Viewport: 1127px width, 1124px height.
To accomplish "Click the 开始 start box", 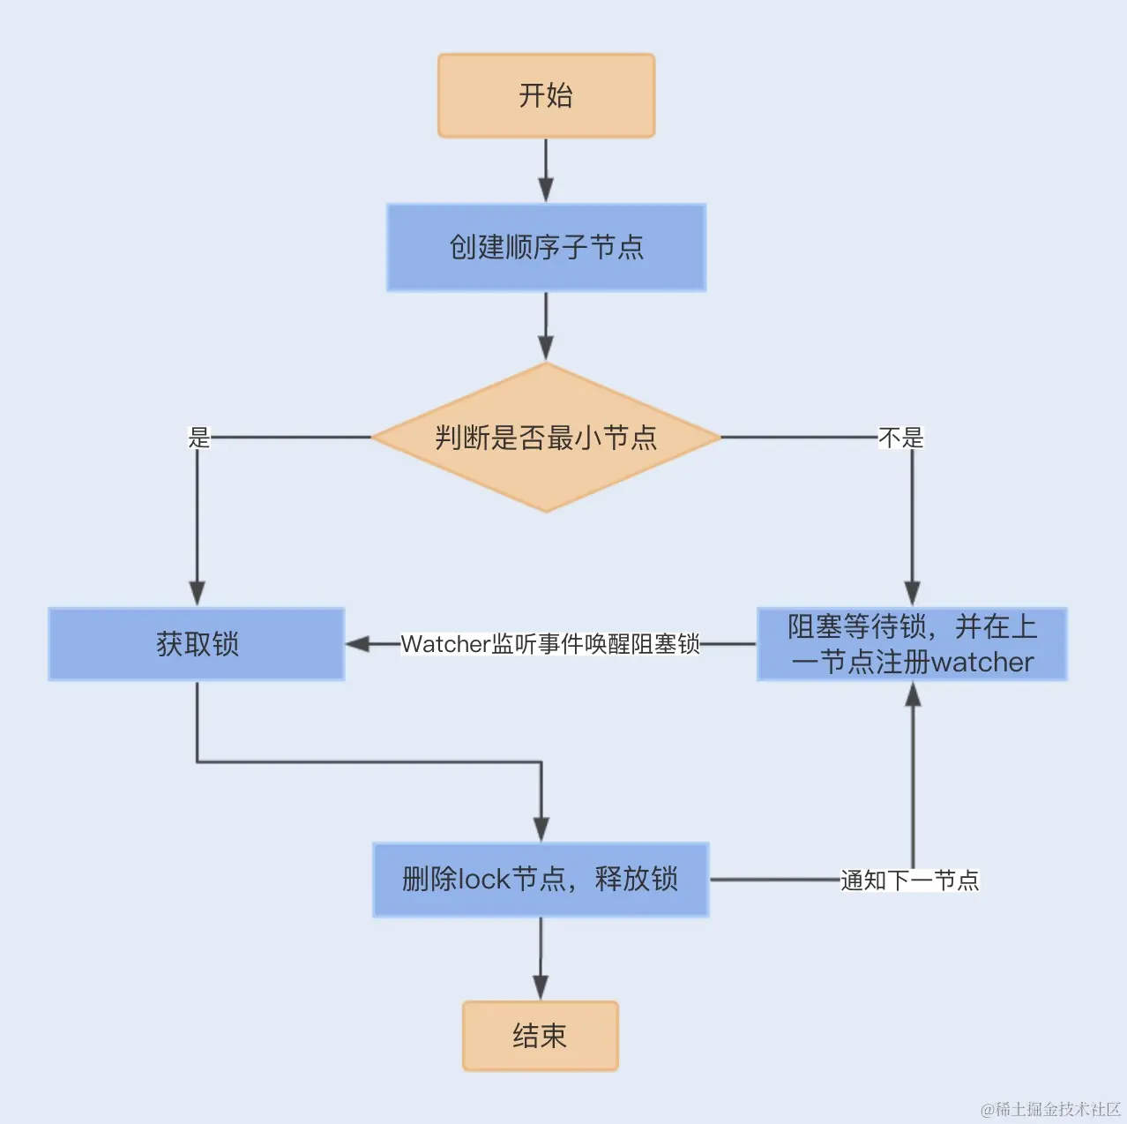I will coord(546,95).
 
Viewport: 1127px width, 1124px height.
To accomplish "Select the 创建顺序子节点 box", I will coord(546,247).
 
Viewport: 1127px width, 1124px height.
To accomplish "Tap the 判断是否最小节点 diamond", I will coord(546,437).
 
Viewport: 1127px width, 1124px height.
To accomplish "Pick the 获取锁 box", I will coord(197,644).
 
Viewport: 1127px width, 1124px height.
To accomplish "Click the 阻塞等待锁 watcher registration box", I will coord(912,644).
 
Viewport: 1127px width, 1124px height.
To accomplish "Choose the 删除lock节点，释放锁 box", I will coord(541,880).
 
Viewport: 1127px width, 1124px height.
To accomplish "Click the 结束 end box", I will coord(540,1036).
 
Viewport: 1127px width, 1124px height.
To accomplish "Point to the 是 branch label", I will coord(199,437).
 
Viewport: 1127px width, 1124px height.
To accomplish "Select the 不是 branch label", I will coord(900,437).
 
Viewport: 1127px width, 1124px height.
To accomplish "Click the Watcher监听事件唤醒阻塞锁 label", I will coord(550,644).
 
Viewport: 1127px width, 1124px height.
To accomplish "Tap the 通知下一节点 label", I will coord(909,880).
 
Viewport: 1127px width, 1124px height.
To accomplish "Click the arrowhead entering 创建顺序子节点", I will coord(546,191).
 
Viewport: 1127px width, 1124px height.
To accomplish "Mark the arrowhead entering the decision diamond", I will coord(546,348).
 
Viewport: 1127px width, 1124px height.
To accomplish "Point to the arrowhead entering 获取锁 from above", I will coord(197,594).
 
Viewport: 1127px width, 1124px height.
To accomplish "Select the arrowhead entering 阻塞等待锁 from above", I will coord(913,594).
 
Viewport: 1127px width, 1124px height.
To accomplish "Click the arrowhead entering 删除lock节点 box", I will coord(541,829).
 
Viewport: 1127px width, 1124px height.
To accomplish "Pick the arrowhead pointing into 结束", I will coord(541,987).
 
